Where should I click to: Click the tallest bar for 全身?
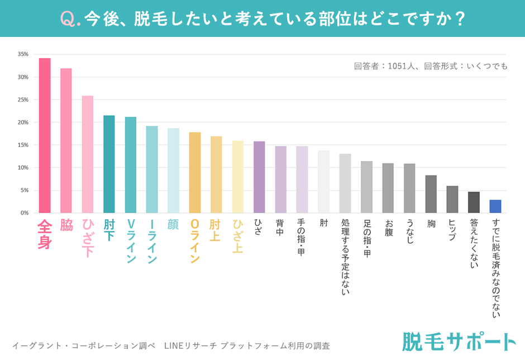45,135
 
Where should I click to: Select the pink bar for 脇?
66,140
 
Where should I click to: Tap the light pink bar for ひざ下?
88,154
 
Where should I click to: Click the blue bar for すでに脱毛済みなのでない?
495,206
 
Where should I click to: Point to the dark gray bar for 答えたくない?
474,202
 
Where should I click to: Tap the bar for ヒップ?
452,199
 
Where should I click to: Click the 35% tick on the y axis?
23,54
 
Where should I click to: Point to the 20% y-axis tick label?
23,122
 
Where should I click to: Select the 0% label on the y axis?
25,213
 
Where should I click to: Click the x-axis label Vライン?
131,240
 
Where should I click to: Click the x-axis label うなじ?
409,232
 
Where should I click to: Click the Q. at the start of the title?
70,19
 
